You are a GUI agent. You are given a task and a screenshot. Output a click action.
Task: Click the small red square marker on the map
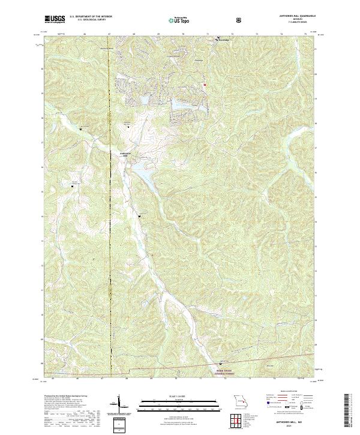(x=205, y=85)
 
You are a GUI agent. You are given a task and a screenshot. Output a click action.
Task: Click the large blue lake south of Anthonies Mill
(x=146, y=174)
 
